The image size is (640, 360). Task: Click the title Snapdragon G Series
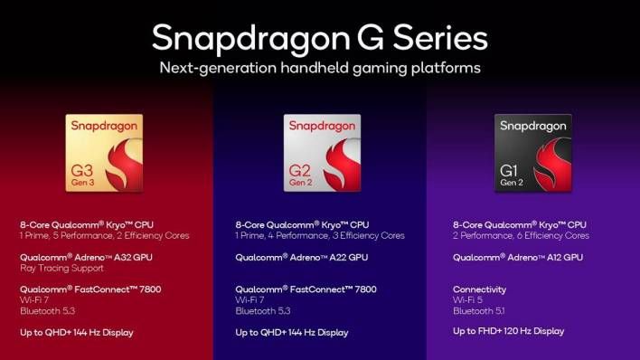319,37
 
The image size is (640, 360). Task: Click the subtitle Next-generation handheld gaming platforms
319,68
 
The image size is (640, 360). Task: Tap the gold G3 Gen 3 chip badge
104,151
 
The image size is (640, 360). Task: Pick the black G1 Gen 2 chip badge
532,151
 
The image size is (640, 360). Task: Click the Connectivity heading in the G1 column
479,289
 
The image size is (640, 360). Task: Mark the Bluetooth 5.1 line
479,311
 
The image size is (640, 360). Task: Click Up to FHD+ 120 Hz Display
508,331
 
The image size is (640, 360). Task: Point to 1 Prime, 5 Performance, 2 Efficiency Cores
102,235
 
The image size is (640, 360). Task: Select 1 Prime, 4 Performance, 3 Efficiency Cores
320,235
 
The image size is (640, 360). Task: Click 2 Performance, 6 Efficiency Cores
521,235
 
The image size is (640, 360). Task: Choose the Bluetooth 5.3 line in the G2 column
263,311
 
